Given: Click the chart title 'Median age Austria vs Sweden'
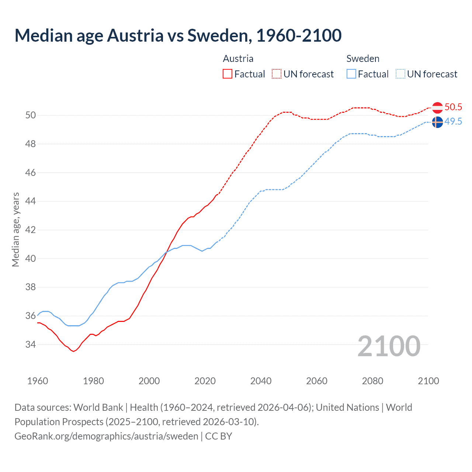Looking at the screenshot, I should [178, 35].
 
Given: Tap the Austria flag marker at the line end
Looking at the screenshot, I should [437, 108].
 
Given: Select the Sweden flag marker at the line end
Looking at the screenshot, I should [437, 122].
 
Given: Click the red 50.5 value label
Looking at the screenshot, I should [453, 107].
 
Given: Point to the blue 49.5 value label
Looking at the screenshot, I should [453, 122].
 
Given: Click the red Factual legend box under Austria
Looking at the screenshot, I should [228, 74].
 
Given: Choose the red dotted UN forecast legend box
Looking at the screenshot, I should [277, 74].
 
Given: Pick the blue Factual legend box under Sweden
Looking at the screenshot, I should [351, 74].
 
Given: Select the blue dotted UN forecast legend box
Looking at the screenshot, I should [400, 74].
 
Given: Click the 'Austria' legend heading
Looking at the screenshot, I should [238, 59].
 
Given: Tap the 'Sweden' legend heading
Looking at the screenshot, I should [363, 59].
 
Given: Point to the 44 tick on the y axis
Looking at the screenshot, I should [31, 201].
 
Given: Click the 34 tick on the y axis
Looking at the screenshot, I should [31, 345].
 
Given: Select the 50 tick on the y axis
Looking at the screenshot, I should [31, 115].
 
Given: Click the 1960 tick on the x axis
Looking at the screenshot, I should [38, 381].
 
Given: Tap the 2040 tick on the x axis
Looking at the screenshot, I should [261, 381].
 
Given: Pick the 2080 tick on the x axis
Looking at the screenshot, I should [372, 381].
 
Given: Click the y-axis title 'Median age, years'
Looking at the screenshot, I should [15, 229].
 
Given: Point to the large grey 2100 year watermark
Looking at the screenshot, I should [389, 346].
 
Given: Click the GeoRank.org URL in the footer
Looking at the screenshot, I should [106, 436].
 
